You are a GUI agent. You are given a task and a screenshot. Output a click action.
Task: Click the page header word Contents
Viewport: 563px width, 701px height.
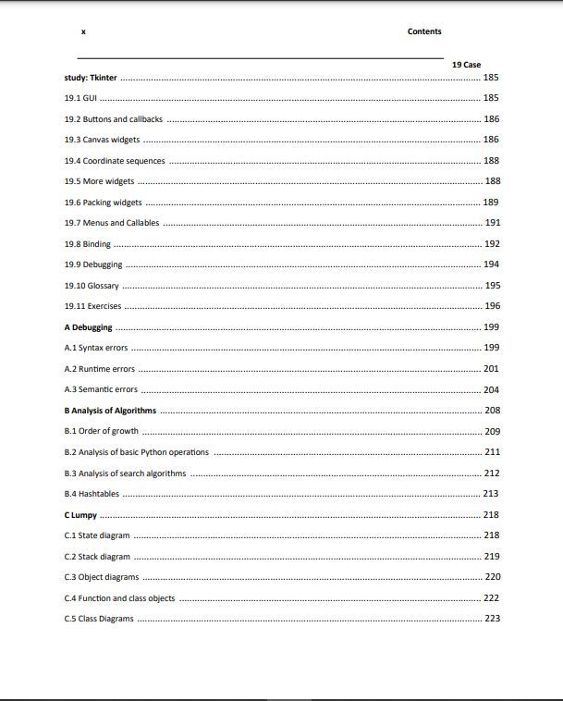[424, 31]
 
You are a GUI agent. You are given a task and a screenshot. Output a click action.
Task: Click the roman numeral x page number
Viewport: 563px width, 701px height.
[83, 31]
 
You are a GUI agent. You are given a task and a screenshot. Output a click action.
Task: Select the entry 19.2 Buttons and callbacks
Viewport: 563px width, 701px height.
[113, 119]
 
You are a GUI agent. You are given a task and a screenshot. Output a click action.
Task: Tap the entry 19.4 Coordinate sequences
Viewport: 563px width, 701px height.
[115, 161]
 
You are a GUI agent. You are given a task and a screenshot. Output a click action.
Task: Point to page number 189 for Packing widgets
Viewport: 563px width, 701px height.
[491, 203]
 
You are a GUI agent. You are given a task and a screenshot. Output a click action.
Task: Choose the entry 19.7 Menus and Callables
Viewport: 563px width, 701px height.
[112, 223]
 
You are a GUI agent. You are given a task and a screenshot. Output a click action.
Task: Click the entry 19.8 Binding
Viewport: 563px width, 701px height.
[87, 244]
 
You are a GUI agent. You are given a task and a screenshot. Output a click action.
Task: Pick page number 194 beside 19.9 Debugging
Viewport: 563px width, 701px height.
[492, 264]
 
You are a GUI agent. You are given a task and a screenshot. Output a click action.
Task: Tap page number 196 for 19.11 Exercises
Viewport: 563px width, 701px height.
[492, 306]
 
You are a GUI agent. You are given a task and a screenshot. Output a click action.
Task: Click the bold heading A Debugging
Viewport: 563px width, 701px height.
[88, 327]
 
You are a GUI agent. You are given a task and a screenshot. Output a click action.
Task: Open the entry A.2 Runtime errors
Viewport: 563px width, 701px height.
[99, 369]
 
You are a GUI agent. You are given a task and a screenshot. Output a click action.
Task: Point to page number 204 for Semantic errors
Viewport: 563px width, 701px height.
[492, 389]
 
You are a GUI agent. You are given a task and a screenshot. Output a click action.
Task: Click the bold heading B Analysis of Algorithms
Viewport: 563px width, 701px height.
[110, 411]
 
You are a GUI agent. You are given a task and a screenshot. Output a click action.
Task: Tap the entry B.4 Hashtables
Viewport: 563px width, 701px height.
[92, 494]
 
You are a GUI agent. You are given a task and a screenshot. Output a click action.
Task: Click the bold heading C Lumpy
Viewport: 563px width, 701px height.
[80, 515]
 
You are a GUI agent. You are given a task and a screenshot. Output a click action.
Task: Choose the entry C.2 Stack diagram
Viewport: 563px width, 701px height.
[97, 557]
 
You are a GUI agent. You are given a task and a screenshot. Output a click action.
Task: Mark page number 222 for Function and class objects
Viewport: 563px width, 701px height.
[492, 598]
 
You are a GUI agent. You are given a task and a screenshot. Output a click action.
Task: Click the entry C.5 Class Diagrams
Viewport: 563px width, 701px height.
[98, 619]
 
